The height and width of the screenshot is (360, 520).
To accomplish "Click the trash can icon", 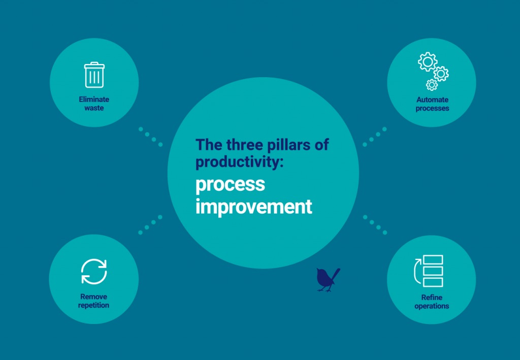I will click(x=94, y=75).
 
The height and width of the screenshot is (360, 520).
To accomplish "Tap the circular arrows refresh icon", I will click(x=94, y=272).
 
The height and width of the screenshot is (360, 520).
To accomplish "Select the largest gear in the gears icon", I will click(x=427, y=62).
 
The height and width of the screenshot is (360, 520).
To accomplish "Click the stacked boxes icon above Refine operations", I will click(x=429, y=271).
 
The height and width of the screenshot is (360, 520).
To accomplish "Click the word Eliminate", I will click(x=94, y=100).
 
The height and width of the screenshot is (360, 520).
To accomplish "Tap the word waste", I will click(x=94, y=108).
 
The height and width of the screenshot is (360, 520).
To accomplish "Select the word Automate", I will click(x=432, y=100).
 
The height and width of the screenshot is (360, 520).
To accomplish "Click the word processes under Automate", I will click(x=432, y=108).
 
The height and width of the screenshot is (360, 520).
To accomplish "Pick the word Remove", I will click(x=94, y=297).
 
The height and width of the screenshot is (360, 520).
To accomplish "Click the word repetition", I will click(x=94, y=305).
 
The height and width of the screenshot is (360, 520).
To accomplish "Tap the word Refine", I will click(x=432, y=298).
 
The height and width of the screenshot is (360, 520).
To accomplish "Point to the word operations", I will click(x=432, y=306).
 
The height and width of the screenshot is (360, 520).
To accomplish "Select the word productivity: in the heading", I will click(x=234, y=162).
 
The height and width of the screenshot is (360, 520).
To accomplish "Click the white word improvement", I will click(x=254, y=207).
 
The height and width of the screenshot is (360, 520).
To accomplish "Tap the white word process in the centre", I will click(x=231, y=185).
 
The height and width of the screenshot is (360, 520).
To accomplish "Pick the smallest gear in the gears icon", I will click(x=432, y=84).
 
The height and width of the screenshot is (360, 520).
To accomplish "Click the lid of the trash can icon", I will click(x=94, y=64).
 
